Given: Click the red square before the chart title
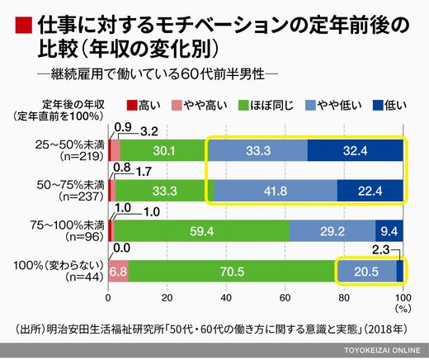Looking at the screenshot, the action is pyautogui.click(x=23, y=26).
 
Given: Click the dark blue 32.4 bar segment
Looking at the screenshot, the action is pyautogui.click(x=356, y=150).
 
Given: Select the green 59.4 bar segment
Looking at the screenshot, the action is pyautogui.click(x=202, y=231).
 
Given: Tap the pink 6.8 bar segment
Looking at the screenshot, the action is pyautogui.click(x=118, y=272).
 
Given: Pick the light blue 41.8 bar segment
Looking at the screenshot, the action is pyautogui.click(x=276, y=191).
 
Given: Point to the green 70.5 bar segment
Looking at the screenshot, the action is pyautogui.click(x=233, y=272).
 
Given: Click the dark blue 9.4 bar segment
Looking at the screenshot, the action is pyautogui.click(x=389, y=231).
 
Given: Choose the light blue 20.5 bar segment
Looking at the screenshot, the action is pyautogui.click(x=367, y=272).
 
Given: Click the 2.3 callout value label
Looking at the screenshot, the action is pyautogui.click(x=381, y=250).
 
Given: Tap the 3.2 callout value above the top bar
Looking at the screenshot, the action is pyautogui.click(x=149, y=132).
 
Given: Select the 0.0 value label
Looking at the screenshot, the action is pyautogui.click(x=122, y=249).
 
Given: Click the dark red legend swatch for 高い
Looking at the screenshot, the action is pyautogui.click(x=132, y=105).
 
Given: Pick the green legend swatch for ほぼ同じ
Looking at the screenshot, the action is pyautogui.click(x=243, y=105).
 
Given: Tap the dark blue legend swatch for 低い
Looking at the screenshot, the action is pyautogui.click(x=378, y=105).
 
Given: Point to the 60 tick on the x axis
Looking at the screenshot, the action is pyautogui.click(x=285, y=298).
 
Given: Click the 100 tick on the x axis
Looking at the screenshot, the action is pyautogui.click(x=403, y=298).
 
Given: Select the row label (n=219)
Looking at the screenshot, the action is pyautogui.click(x=82, y=156).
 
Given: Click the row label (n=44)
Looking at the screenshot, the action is pyautogui.click(x=85, y=277).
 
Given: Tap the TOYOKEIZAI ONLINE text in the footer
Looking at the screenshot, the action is pyautogui.click(x=382, y=350).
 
